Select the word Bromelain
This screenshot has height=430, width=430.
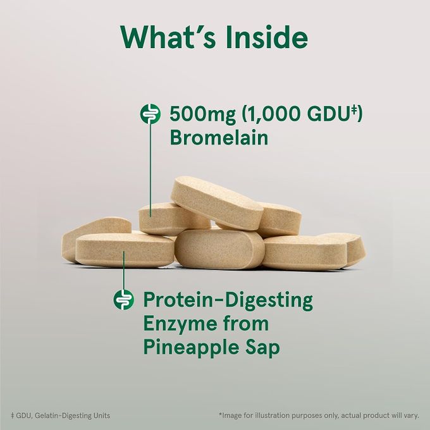219,137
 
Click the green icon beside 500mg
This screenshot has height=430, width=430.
150,114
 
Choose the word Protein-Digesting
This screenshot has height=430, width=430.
228,301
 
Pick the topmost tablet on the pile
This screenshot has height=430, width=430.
216,201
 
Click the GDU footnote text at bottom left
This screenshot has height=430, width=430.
60,415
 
